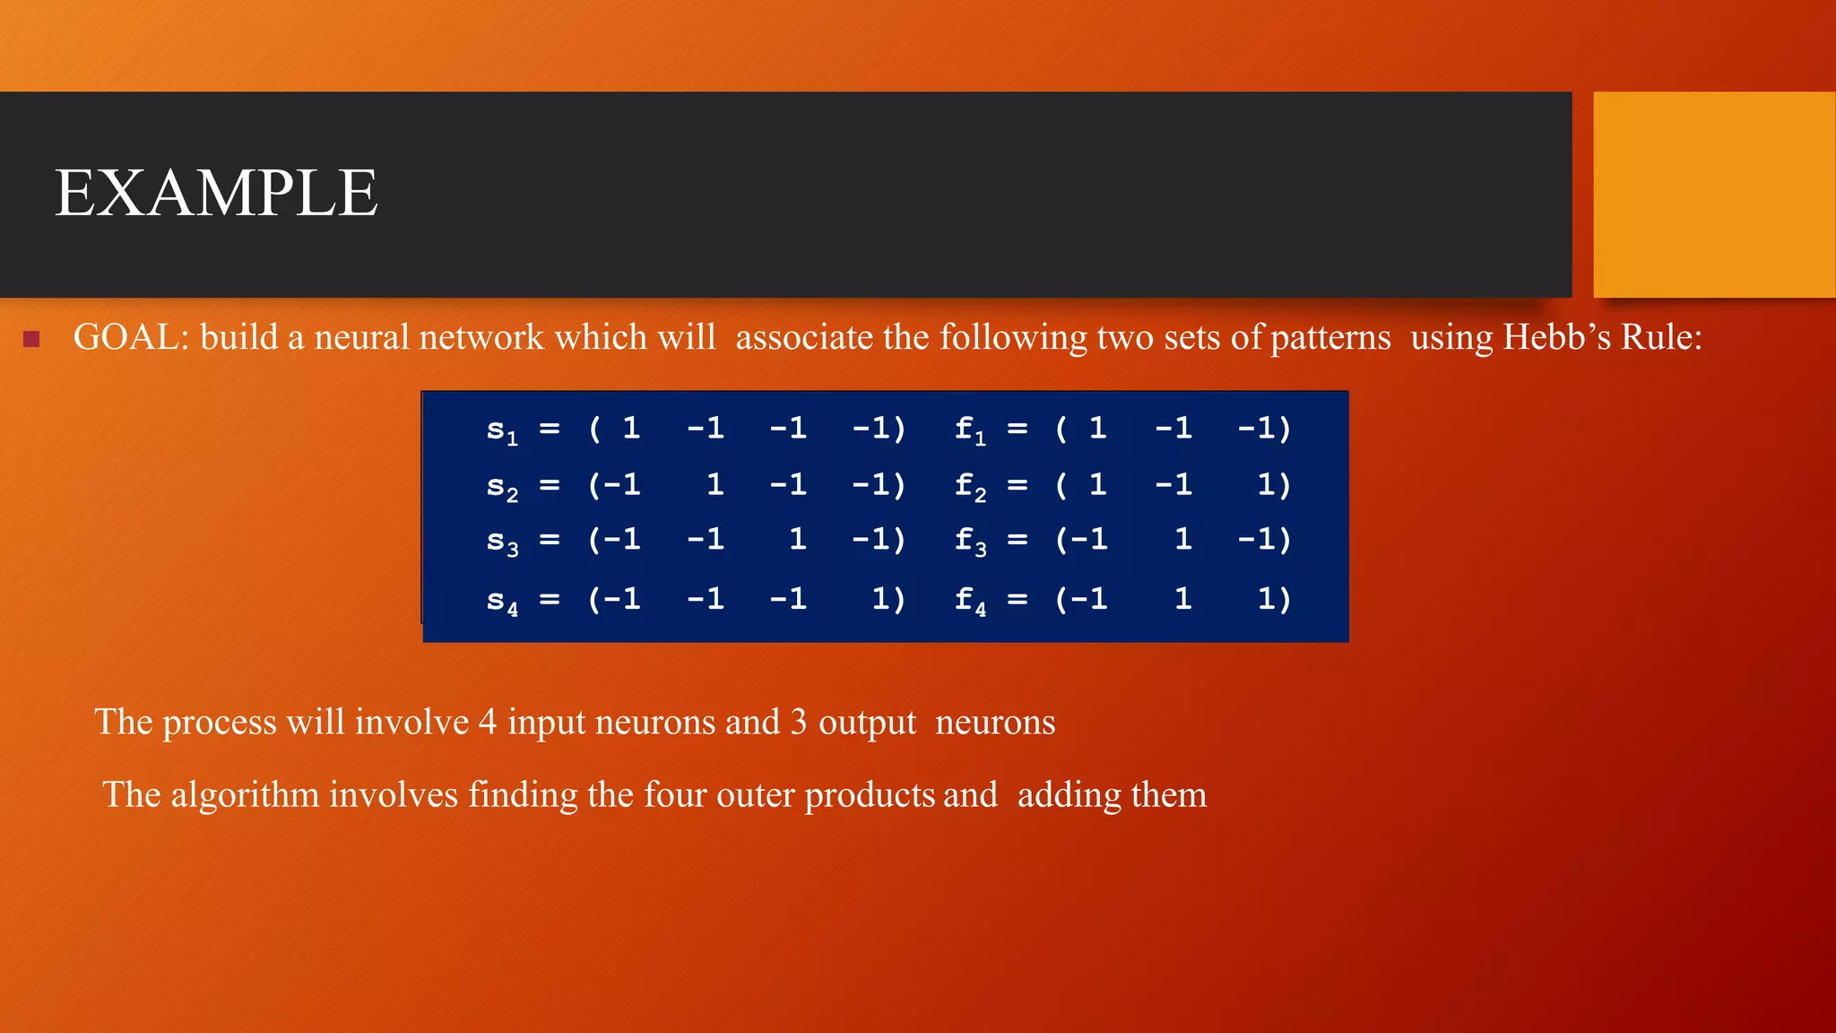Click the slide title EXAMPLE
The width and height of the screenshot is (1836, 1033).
pyautogui.click(x=216, y=194)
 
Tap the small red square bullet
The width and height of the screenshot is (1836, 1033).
pyautogui.click(x=31, y=339)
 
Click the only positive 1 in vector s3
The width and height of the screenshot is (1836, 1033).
pyautogui.click(x=797, y=540)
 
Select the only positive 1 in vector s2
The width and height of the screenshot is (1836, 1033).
pyautogui.click(x=714, y=485)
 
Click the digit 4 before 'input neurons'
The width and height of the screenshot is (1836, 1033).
pyautogui.click(x=487, y=723)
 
